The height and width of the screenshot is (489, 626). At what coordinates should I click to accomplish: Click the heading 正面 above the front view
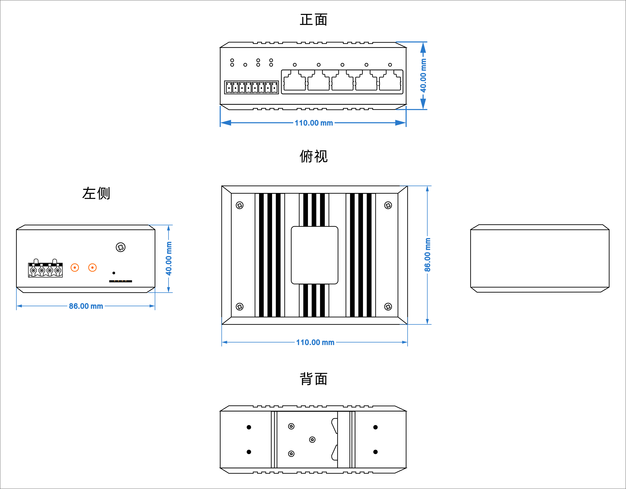coord(313,20)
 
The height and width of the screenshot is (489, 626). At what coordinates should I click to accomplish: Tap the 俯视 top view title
coord(313,157)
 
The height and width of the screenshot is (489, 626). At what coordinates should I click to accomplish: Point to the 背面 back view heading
coord(313,379)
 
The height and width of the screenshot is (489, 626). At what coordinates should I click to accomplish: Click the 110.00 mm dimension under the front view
coord(313,123)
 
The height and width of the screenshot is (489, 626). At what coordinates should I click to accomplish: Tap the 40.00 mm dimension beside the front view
coord(423,75)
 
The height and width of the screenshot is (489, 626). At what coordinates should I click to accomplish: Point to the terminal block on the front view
coord(251,87)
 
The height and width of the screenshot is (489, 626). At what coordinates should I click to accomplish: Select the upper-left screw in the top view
coord(240,205)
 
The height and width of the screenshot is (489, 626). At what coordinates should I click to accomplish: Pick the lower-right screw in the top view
coord(388,307)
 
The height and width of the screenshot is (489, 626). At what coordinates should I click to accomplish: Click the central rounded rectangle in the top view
coord(314,255)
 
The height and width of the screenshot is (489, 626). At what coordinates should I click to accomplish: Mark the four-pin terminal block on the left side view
coord(45,270)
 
